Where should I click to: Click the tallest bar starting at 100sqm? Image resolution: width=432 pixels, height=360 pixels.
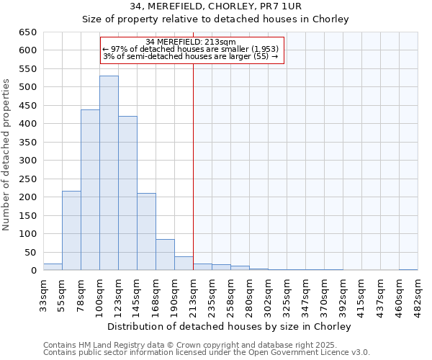[109, 173]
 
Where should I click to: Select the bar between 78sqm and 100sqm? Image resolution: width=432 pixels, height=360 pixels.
[90, 190]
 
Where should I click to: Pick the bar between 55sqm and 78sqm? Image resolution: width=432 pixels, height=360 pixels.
[71, 230]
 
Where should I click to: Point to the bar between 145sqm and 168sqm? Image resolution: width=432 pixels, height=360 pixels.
[146, 232]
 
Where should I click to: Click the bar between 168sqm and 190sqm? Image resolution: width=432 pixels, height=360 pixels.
[165, 255]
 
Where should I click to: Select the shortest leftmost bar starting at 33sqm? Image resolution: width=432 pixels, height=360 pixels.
[53, 267]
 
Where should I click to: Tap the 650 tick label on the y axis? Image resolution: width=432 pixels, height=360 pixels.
[27, 32]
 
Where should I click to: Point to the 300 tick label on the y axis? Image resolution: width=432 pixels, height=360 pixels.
[27, 161]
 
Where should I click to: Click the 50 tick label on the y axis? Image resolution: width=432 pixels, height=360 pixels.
[30, 253]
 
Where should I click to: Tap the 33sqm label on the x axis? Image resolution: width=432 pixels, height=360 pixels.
[43, 295]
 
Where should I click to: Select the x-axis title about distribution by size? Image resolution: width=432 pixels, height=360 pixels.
[230, 327]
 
